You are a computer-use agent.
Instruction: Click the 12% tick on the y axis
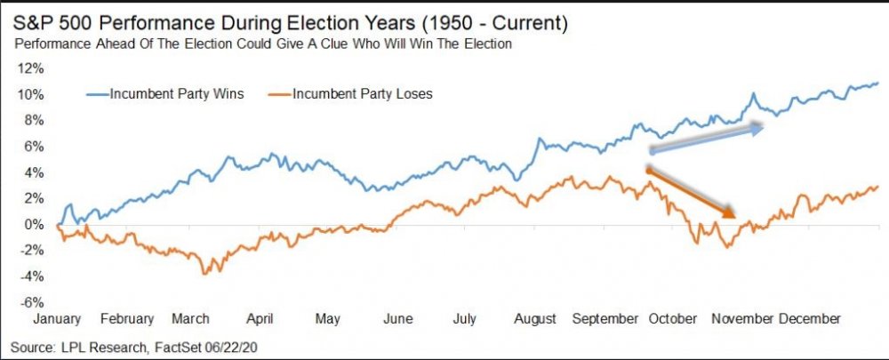[x=32, y=68]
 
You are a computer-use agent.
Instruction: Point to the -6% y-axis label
[x=32, y=301]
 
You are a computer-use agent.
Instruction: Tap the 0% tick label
[x=35, y=224]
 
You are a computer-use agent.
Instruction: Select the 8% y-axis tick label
[x=35, y=120]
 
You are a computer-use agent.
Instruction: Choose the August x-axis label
[x=535, y=318]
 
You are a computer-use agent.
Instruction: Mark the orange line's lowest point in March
[x=206, y=273]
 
